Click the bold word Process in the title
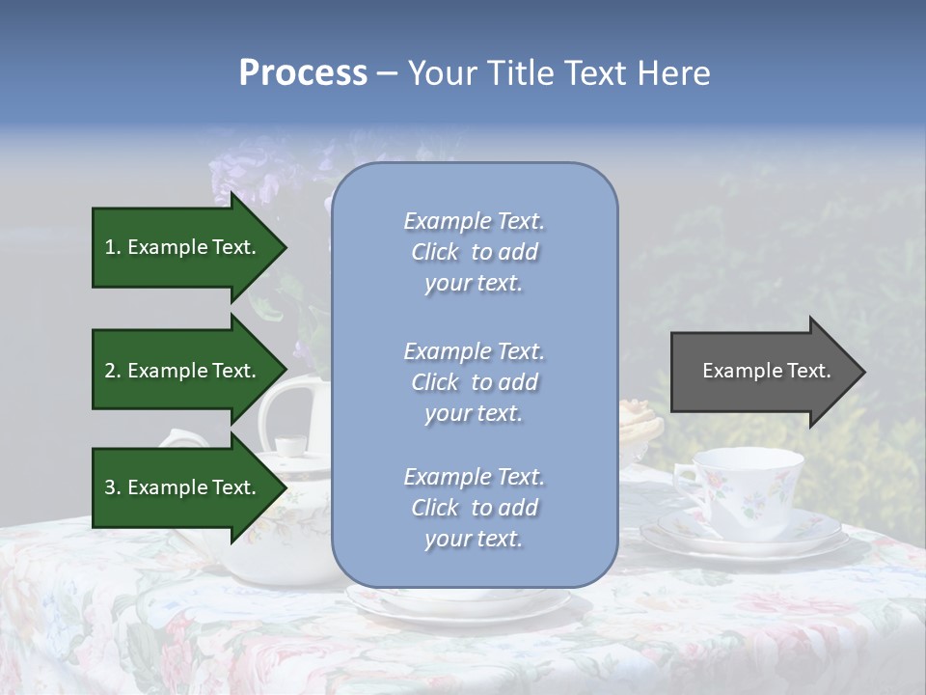point(303,73)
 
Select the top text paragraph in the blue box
point(474,252)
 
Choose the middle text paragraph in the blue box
point(474,382)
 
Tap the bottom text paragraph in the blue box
point(474,508)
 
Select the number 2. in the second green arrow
point(113,371)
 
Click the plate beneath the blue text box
point(458,604)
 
